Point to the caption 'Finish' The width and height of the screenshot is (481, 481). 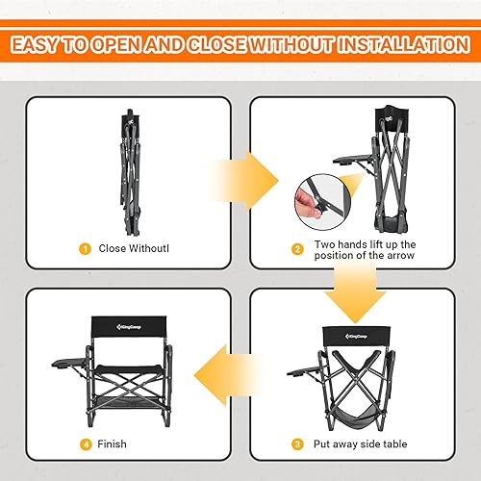(113, 444)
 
